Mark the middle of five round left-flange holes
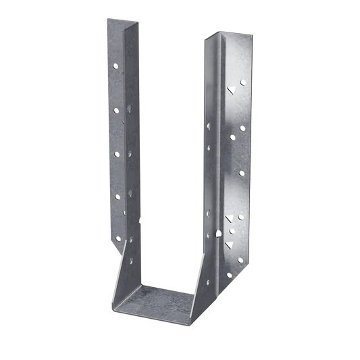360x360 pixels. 118,153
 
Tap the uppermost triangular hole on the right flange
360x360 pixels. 231,88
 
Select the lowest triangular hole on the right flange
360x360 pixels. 230,217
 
